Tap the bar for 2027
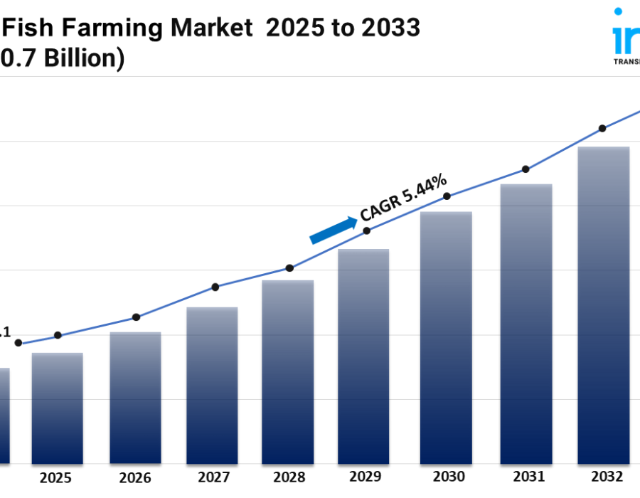pyautogui.click(x=212, y=385)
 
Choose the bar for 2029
pyautogui.click(x=363, y=356)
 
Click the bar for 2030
pyautogui.click(x=446, y=337)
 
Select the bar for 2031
pyautogui.click(x=526, y=324)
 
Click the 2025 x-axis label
pyautogui.click(x=56, y=477)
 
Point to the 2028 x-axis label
pyautogui.click(x=289, y=477)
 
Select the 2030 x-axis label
pyautogui.click(x=449, y=477)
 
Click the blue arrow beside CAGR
pyautogui.click(x=334, y=230)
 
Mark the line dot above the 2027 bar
pyautogui.click(x=215, y=287)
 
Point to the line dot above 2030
pyautogui.click(x=447, y=196)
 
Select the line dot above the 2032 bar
pyautogui.click(x=602, y=129)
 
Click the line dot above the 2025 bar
pyautogui.click(x=58, y=335)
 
